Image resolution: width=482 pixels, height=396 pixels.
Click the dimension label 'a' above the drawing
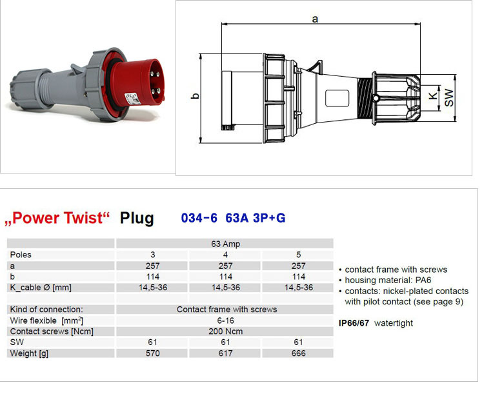pyautogui.click(x=315, y=19)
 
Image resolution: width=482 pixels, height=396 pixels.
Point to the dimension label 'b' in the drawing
pyautogui.click(x=195, y=96)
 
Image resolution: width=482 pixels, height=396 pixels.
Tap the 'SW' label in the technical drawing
pyautogui.click(x=449, y=97)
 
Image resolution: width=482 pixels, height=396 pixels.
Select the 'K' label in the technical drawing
pyautogui.click(x=433, y=96)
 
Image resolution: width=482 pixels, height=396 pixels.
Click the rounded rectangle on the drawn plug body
pyautogui.click(x=337, y=98)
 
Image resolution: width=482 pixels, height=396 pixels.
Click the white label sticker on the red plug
pyautogui.click(x=132, y=99)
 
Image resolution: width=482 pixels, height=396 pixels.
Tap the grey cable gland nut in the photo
pyautogui.click(x=29, y=89)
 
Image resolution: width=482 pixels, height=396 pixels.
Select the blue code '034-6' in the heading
pyautogui.click(x=199, y=218)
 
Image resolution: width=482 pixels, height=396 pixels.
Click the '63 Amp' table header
pyautogui.click(x=225, y=244)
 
